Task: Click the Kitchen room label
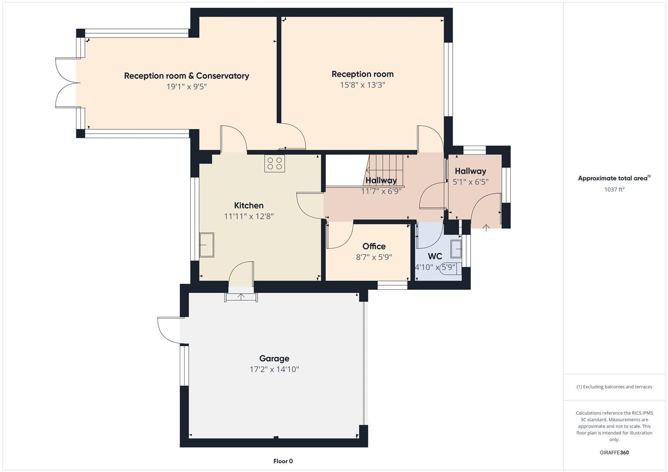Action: click(x=248, y=205)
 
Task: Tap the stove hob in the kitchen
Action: click(x=274, y=163)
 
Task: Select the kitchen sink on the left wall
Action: click(x=206, y=245)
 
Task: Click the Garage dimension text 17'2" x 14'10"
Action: click(x=274, y=369)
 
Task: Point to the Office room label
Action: click(x=374, y=246)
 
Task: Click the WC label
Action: click(x=435, y=257)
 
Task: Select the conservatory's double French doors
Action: click(x=66, y=83)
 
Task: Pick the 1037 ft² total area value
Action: click(x=614, y=190)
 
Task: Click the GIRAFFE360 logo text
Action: click(x=614, y=452)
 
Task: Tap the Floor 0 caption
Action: click(x=283, y=461)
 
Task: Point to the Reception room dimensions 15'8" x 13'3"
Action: click(x=363, y=85)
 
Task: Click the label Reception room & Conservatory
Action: click(x=186, y=76)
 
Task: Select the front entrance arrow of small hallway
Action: click(x=486, y=227)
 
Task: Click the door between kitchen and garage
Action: click(x=241, y=275)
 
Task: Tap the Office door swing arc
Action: click(x=340, y=236)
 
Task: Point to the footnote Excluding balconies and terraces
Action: click(x=614, y=387)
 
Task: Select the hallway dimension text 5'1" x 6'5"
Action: click(x=470, y=182)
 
